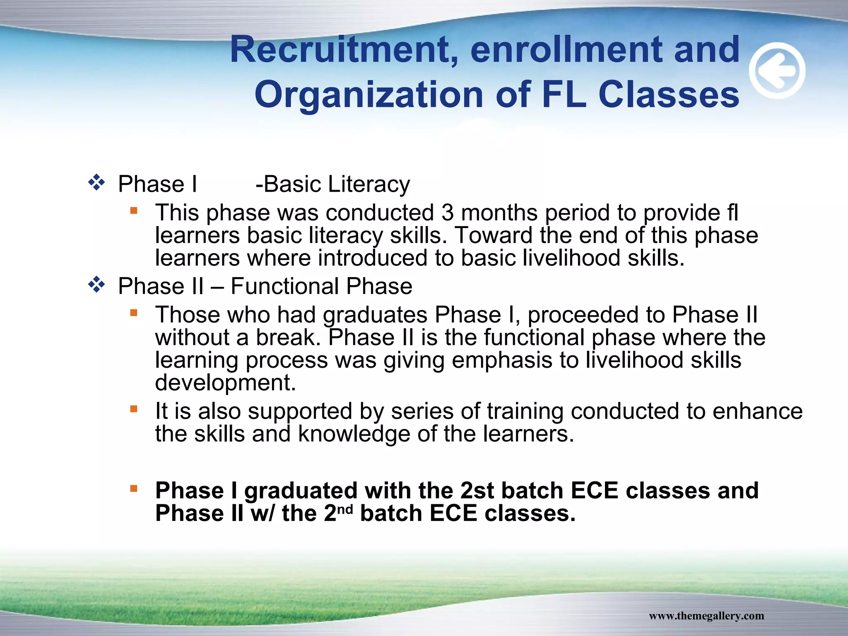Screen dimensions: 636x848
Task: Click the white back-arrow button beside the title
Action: coord(777,70)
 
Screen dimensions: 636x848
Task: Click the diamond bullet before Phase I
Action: coord(96,183)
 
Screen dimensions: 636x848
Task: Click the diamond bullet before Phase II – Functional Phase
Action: coord(96,285)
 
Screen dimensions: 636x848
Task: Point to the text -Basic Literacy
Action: coord(332,184)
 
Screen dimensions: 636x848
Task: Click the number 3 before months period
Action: coord(447,213)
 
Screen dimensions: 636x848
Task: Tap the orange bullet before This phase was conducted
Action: coord(133,211)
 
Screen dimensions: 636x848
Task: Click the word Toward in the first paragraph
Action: coord(493,236)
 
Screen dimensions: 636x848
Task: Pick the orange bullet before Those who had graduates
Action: coord(133,313)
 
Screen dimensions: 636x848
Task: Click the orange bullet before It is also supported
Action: coord(133,410)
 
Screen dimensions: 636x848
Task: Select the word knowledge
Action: coord(354,434)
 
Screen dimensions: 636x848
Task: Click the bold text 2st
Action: coord(477,491)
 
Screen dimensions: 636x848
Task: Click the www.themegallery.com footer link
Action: coord(706,616)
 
